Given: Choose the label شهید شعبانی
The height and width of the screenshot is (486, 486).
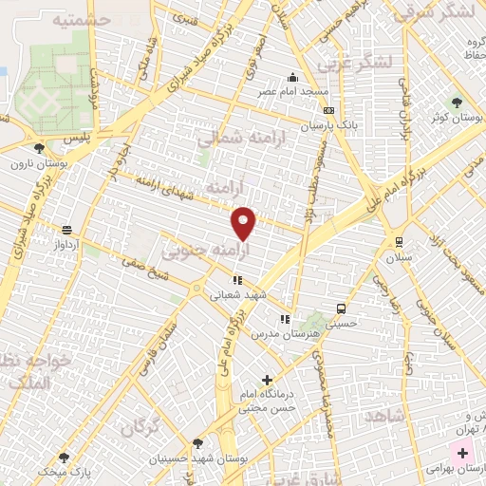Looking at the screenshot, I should coord(236,294).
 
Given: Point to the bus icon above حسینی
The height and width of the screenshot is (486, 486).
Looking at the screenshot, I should coord(340,308).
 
